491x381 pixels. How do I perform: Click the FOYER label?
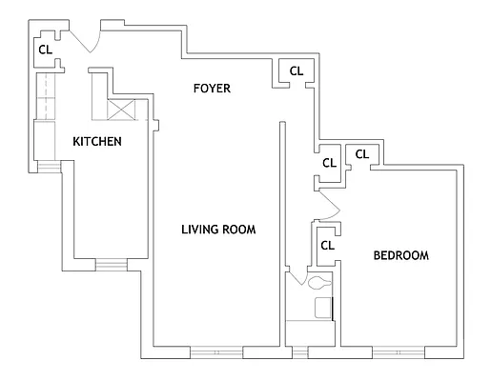point(212,89)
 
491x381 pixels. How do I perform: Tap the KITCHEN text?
point(96,142)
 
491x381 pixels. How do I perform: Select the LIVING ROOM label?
point(218,230)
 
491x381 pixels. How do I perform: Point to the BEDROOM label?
point(399,255)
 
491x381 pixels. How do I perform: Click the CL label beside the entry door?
point(45,50)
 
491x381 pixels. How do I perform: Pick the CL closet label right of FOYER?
point(296,70)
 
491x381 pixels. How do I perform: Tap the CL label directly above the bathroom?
point(327,245)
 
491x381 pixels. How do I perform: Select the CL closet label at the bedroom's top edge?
point(362,153)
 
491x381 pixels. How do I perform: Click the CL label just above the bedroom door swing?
point(329,163)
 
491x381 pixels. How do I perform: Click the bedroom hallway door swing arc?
point(329,203)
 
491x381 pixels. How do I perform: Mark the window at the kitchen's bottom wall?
point(109,264)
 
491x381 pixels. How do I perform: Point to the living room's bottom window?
point(217,351)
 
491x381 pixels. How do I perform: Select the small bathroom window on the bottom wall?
point(301,351)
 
